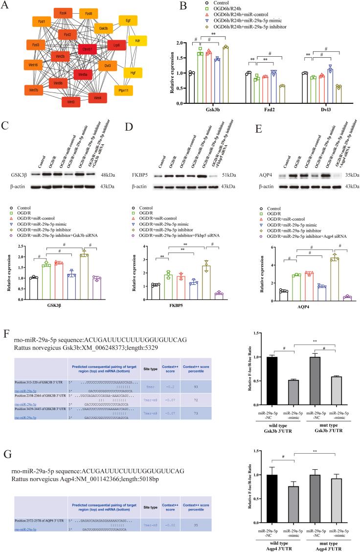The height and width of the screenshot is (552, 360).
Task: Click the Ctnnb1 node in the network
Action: pos(88,50)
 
